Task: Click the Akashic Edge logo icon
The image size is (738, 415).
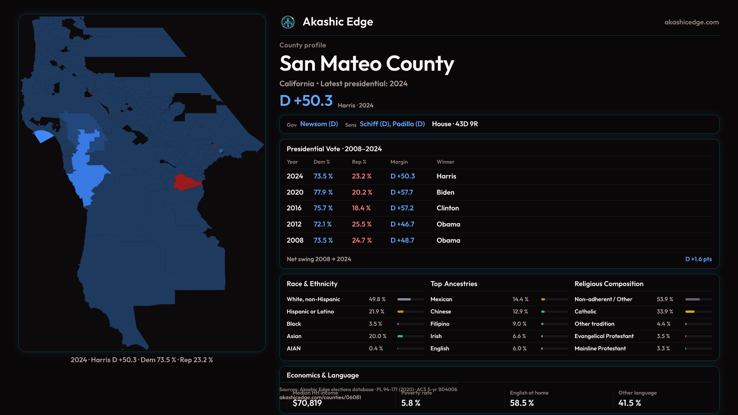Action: tap(288, 22)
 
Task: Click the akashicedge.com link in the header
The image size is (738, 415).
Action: tap(691, 22)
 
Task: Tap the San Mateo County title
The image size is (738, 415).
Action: tap(367, 63)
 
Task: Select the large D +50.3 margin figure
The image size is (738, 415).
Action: tap(306, 101)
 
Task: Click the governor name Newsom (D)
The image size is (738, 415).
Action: tap(319, 124)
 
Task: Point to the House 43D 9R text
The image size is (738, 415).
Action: tap(455, 124)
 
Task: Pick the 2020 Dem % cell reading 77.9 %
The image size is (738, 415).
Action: tap(323, 192)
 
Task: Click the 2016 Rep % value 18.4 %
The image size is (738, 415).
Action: tap(361, 208)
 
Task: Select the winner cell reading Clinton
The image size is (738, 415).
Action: tap(448, 208)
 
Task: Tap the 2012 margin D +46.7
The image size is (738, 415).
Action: tap(402, 224)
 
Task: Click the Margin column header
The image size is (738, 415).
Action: tap(399, 162)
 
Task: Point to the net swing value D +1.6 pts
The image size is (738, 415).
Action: tap(698, 259)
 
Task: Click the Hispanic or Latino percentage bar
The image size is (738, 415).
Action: tap(411, 312)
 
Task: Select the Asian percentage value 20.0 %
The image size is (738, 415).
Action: tap(377, 336)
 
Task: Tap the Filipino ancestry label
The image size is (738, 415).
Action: tap(440, 324)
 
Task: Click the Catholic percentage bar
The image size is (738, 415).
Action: tap(698, 312)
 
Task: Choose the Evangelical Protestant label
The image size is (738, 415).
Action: tap(604, 336)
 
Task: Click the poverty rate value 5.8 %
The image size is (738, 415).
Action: tap(411, 403)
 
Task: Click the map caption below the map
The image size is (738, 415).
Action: tap(142, 360)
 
